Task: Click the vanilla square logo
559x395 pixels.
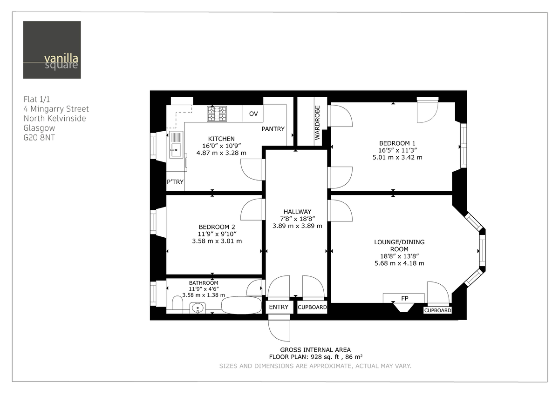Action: (x=52, y=50)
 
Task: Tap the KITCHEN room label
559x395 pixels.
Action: (x=221, y=139)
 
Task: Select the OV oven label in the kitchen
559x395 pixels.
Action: (x=253, y=114)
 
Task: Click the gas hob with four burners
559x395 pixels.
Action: (x=217, y=114)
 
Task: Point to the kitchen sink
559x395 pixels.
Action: (x=177, y=145)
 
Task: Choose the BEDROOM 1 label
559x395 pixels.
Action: (x=397, y=143)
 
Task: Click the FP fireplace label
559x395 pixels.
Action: (x=403, y=298)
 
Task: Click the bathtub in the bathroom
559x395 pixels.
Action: (x=241, y=306)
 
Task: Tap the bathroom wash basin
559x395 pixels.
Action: (x=198, y=308)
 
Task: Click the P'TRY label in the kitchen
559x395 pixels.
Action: (x=175, y=182)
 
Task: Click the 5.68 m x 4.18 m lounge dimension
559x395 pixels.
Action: (x=399, y=263)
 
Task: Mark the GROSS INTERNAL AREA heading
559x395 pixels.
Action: (x=315, y=350)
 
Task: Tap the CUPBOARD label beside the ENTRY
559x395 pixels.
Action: (x=312, y=308)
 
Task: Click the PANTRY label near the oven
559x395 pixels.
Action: (x=273, y=129)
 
